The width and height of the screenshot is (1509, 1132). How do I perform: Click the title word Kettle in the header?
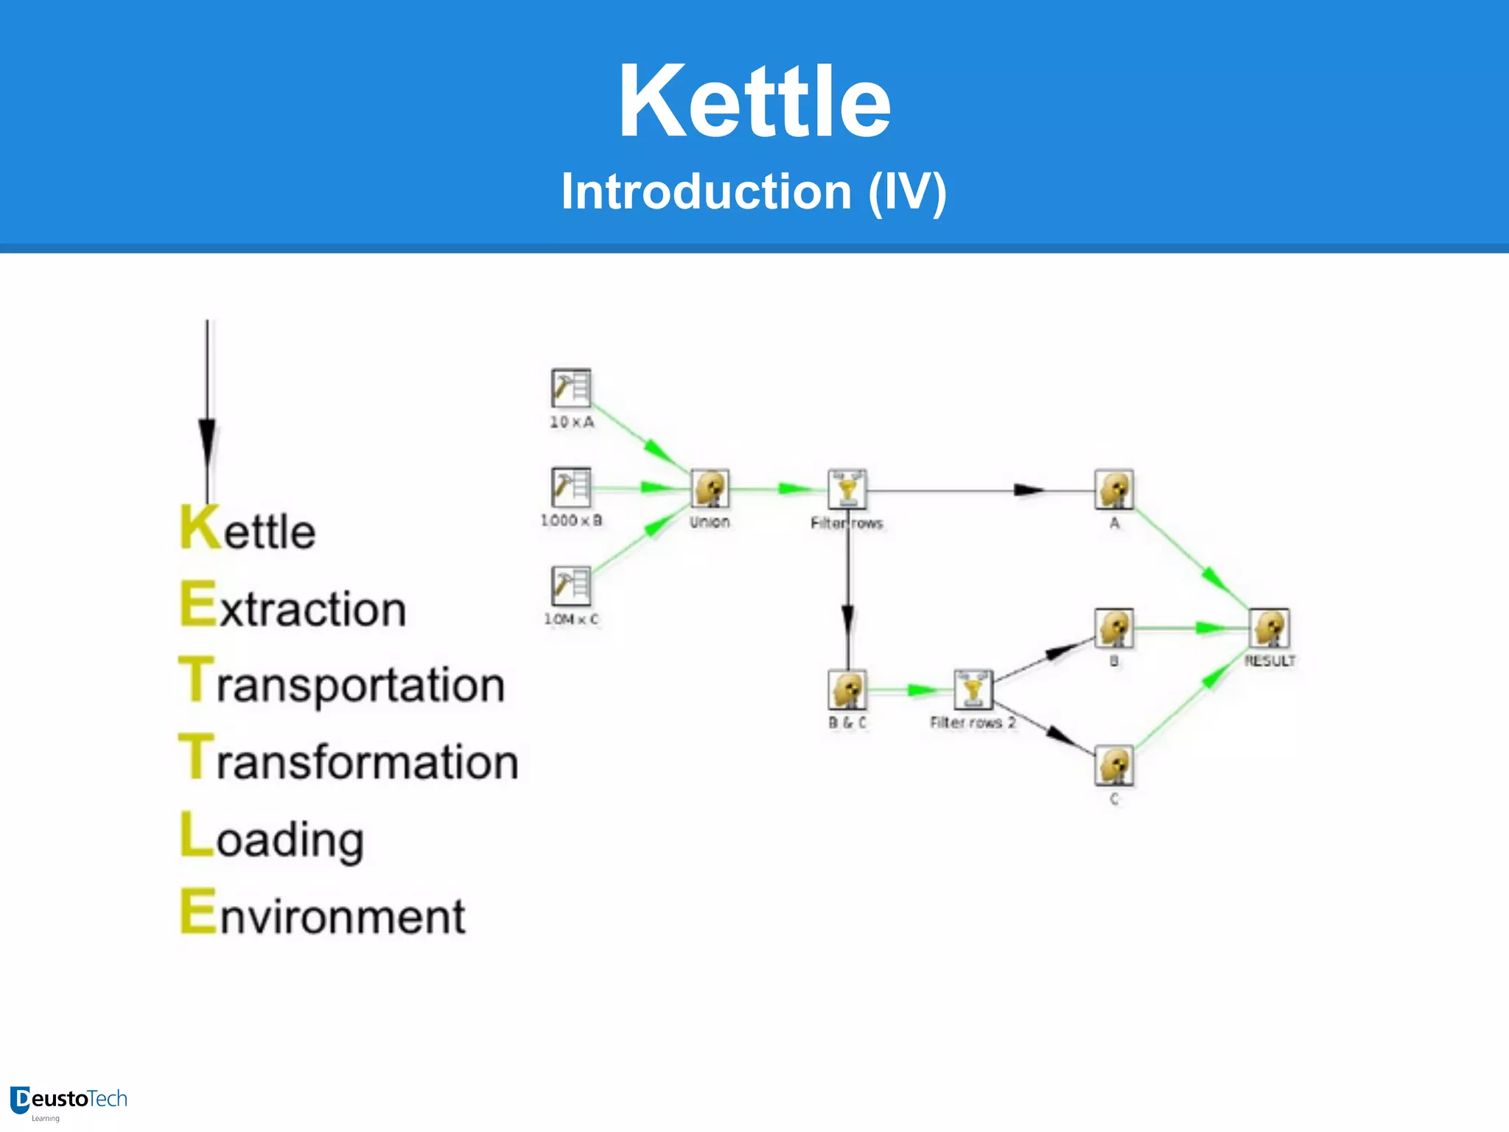(754, 102)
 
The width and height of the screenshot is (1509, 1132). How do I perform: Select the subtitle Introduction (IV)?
(754, 192)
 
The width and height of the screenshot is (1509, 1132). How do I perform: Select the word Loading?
(273, 837)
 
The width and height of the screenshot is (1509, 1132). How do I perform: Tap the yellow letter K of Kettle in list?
(200, 528)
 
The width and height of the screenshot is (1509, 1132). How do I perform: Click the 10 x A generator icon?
(571, 388)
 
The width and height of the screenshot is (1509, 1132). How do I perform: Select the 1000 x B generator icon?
(571, 487)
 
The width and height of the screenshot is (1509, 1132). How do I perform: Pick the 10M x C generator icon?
(571, 586)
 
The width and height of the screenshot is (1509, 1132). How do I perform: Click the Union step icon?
(710, 489)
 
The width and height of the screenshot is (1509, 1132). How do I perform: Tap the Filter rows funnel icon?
(847, 489)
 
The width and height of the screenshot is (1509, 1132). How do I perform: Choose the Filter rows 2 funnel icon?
(973, 690)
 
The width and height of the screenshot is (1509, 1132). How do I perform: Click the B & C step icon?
(847, 690)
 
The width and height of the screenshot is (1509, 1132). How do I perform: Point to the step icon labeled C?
(1114, 766)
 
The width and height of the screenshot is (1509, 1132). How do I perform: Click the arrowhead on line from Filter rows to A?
(1029, 490)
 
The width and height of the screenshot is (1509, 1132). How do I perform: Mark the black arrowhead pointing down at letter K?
(207, 442)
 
